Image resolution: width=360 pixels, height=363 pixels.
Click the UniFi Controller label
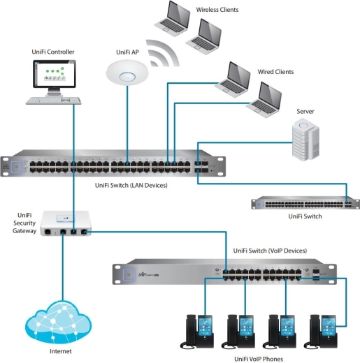(53, 52)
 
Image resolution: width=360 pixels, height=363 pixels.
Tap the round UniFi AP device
(127, 73)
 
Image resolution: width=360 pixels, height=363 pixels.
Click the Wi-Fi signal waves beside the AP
(162, 57)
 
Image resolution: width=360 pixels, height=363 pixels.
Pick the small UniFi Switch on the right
(303, 203)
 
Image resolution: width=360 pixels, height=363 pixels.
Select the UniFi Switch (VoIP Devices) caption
(269, 250)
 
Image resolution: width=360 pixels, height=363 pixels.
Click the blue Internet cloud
(58, 320)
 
